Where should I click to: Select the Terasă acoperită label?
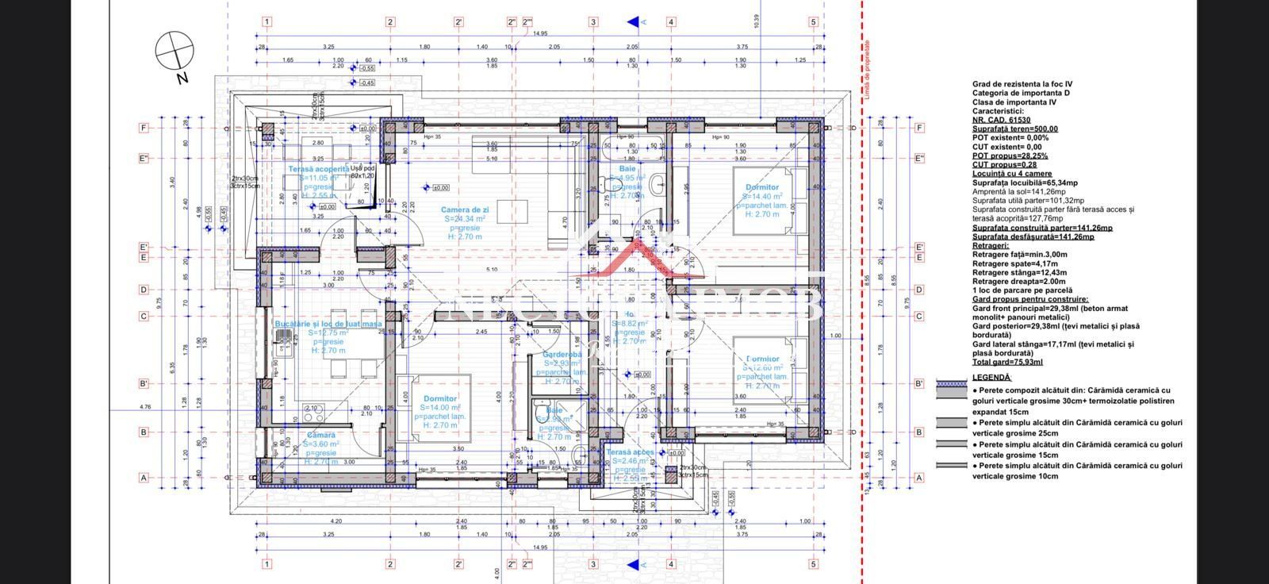(318, 169)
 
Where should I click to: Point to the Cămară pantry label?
(320, 435)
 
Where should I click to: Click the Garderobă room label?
(562, 354)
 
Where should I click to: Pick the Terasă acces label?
(631, 451)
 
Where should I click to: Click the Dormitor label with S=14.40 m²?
(761, 187)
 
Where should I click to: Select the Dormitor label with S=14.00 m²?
(439, 398)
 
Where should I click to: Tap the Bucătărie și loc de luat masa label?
(328, 324)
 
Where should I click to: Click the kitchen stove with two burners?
(312, 412)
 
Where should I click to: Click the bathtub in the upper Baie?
(633, 144)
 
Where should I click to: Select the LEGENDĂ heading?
(991, 378)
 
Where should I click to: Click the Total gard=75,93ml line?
(1007, 362)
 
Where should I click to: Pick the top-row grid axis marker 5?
(813, 22)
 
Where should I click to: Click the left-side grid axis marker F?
(144, 128)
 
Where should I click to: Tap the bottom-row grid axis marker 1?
(267, 564)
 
